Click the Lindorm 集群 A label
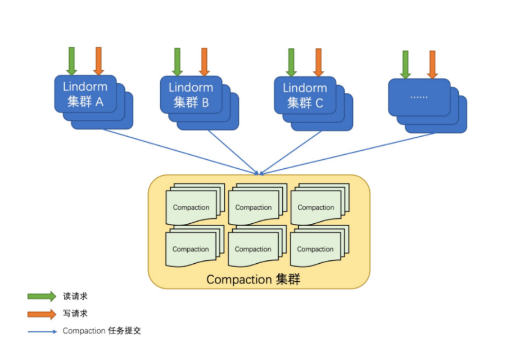tap(85, 94)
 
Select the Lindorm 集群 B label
tap(191, 95)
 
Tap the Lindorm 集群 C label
tap(305, 95)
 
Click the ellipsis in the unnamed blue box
tap(419, 97)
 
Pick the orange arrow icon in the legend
tap(42, 314)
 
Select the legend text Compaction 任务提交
tap(102, 331)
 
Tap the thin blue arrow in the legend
tap(42, 331)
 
